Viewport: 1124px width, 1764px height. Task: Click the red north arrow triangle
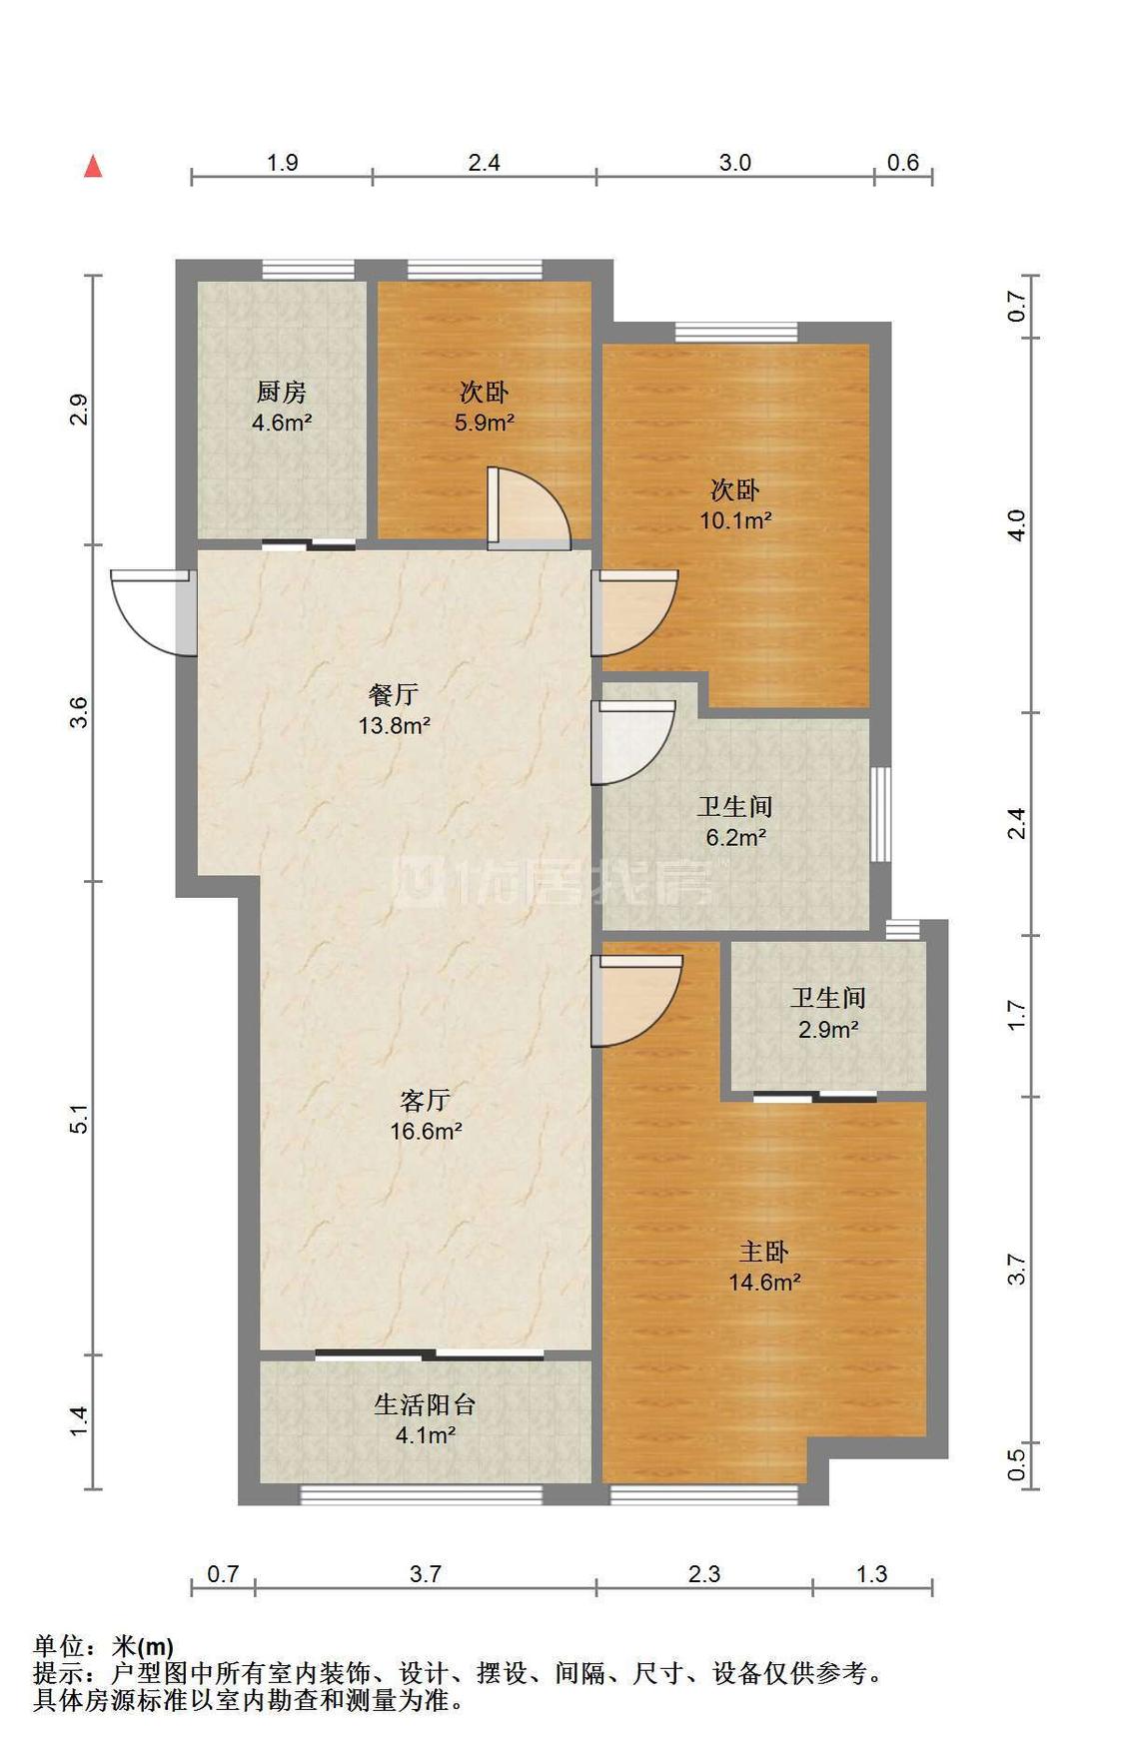(93, 166)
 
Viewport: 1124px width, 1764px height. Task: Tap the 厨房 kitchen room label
(282, 392)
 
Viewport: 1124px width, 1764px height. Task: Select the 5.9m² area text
(485, 422)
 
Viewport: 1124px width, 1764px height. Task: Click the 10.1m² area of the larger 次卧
(735, 519)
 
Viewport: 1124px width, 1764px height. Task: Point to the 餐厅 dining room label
(394, 694)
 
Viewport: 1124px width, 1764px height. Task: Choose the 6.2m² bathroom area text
(735, 837)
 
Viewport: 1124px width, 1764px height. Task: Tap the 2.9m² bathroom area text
(828, 1028)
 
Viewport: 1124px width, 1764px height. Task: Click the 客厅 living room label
(425, 1101)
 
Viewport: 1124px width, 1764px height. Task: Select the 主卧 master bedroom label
(764, 1252)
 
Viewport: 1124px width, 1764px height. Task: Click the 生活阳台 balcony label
(425, 1404)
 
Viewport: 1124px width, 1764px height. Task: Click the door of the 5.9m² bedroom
(529, 508)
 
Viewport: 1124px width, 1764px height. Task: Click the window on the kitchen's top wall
(309, 270)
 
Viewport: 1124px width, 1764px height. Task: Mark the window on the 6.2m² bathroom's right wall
(880, 814)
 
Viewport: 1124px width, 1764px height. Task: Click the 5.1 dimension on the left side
(80, 1119)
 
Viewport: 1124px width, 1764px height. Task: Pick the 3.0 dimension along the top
(735, 162)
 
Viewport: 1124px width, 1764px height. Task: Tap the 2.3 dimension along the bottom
(704, 1574)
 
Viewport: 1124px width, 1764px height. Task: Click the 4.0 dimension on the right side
(1016, 525)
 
